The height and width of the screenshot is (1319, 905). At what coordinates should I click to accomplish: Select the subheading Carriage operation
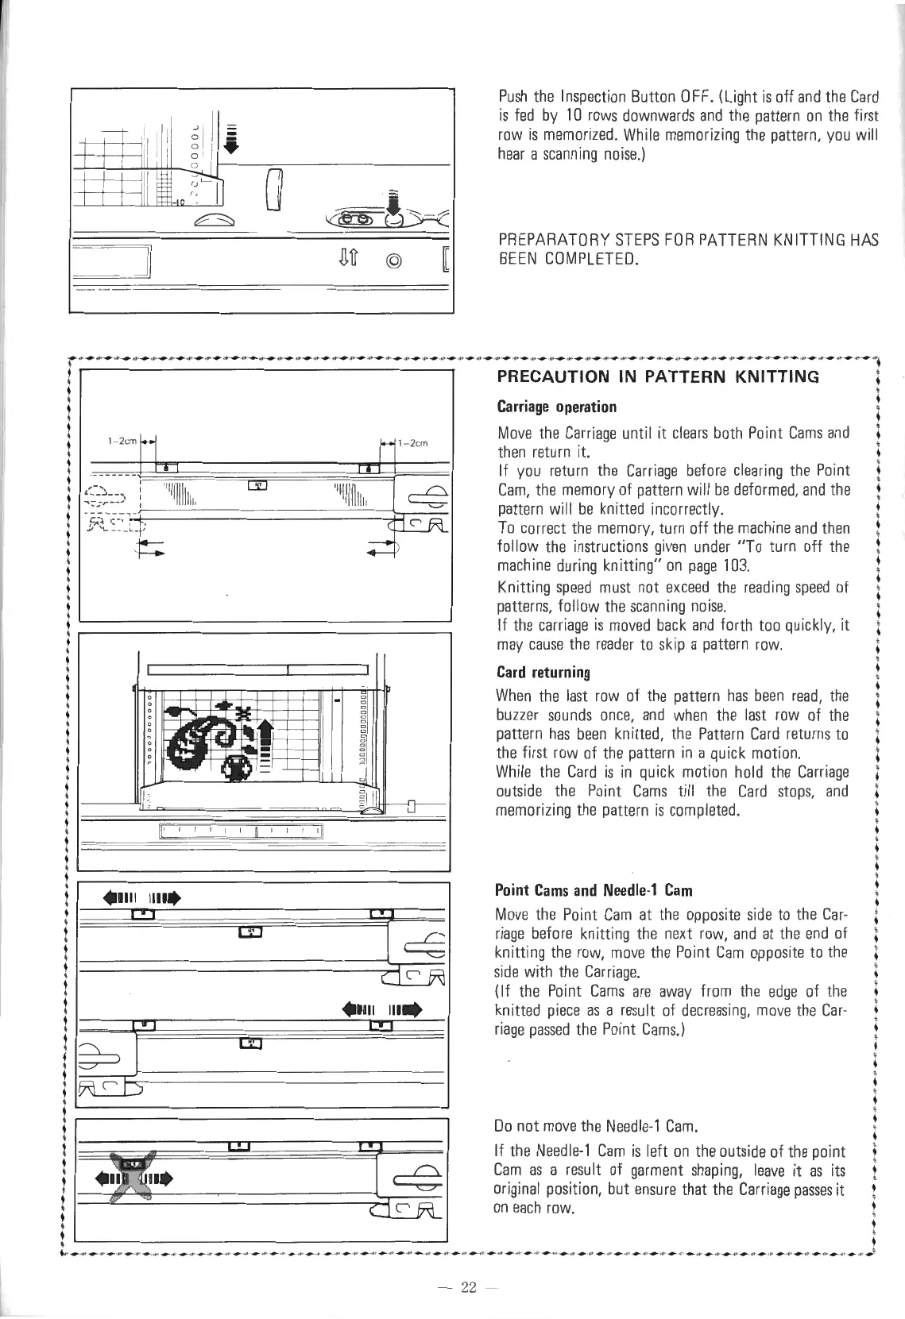point(556,407)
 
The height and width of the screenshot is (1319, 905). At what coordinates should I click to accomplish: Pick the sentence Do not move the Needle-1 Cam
point(595,1126)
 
